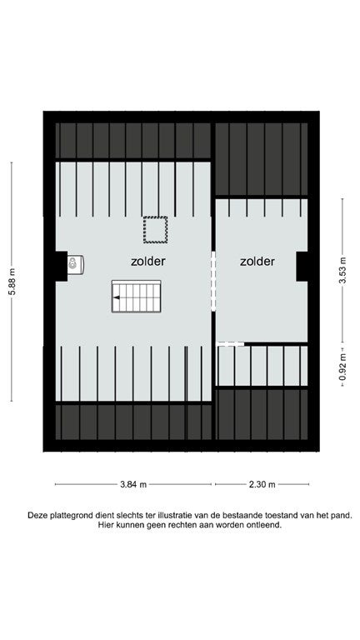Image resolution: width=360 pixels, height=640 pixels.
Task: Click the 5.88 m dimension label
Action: (x=12, y=282)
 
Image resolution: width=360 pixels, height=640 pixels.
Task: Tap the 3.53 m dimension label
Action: (x=342, y=271)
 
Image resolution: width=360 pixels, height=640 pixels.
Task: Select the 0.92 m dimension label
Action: (x=342, y=367)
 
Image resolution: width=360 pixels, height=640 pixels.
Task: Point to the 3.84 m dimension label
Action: (x=133, y=484)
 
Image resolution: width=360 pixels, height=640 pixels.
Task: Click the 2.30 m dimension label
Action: (x=262, y=484)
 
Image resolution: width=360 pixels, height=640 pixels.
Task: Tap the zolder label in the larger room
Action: (x=148, y=261)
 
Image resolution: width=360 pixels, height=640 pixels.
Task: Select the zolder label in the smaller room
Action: (x=257, y=261)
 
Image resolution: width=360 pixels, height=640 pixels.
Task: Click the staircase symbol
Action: (x=137, y=297)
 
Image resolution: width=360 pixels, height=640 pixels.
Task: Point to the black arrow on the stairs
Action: (x=117, y=297)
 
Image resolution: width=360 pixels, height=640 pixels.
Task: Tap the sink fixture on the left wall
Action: (x=75, y=264)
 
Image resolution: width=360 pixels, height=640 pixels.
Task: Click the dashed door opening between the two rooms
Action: (x=213, y=281)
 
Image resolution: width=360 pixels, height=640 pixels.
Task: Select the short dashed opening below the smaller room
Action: (x=230, y=344)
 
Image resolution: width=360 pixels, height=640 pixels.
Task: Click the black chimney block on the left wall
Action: (x=61, y=266)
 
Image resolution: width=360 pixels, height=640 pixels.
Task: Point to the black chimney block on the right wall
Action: (x=302, y=266)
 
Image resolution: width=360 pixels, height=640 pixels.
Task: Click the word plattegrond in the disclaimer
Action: (x=71, y=516)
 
